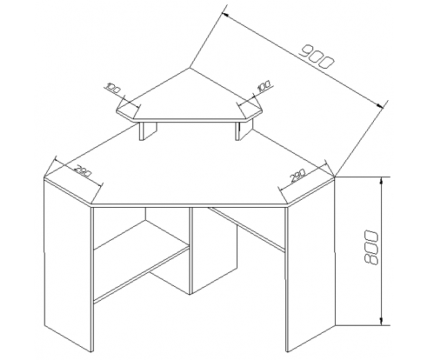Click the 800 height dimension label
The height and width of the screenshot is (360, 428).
pyautogui.click(x=371, y=247)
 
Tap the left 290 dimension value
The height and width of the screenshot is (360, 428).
pyautogui.click(x=83, y=171)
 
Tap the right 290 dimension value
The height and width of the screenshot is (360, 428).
pyautogui.click(x=298, y=176)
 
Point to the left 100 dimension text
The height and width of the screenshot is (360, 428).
pyautogui.click(x=113, y=87)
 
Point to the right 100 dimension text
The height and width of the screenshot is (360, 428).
pyautogui.click(x=263, y=86)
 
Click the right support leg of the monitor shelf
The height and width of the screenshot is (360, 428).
pyautogui.click(x=244, y=130)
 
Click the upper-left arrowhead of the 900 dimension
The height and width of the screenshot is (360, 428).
pyautogui.click(x=225, y=15)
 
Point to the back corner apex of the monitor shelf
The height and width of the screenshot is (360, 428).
pyautogui.click(x=189, y=68)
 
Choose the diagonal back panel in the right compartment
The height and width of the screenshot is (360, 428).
pyautogui.click(x=247, y=229)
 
